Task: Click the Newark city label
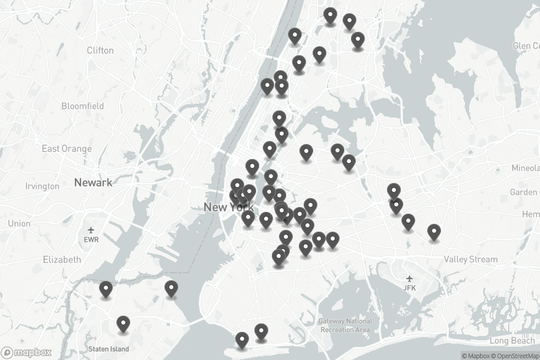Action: (x=93, y=182)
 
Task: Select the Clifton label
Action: (x=100, y=50)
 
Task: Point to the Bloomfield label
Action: (x=82, y=106)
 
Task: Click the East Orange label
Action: (x=67, y=149)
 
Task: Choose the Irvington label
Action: (x=42, y=187)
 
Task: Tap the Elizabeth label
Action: (x=62, y=260)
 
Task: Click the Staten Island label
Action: (x=108, y=349)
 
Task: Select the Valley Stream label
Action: (x=470, y=259)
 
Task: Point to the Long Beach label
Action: (x=511, y=341)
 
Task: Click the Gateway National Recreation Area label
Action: (x=345, y=325)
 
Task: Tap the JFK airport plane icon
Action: (x=410, y=278)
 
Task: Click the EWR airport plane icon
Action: (x=91, y=230)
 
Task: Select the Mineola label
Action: (x=526, y=168)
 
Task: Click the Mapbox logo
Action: (x=26, y=353)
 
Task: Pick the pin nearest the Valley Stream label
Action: (x=434, y=232)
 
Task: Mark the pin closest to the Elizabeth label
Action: (x=106, y=290)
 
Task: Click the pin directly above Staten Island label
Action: (x=124, y=325)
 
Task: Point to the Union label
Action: (x=19, y=224)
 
